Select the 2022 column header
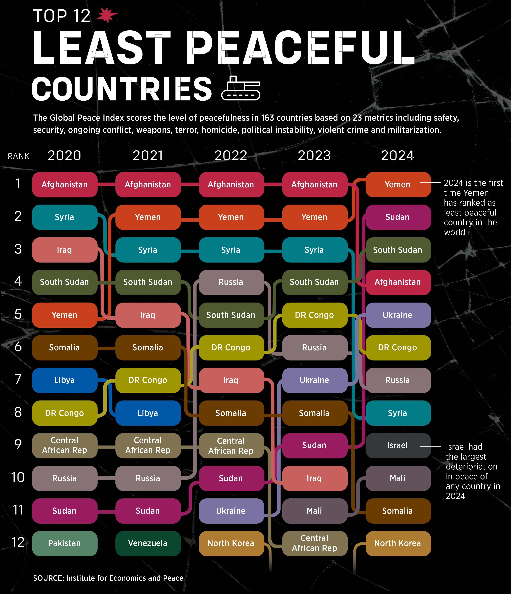point(231,156)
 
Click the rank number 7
point(18,379)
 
